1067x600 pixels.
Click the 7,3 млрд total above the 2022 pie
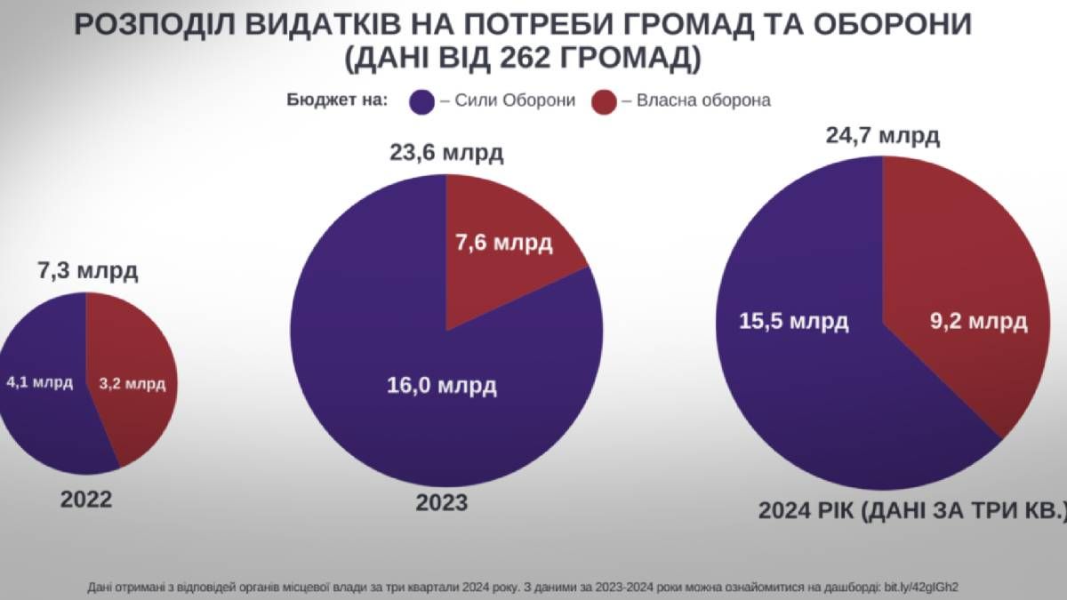coord(86,271)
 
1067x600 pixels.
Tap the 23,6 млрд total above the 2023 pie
coord(446,153)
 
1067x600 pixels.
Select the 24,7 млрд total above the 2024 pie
coord(882,137)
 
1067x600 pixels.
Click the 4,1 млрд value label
coord(39,383)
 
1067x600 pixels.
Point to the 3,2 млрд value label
coord(132,384)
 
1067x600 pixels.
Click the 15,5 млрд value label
coord(793,321)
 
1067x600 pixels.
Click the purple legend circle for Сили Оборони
coord(421,101)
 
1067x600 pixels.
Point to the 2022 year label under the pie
coord(86,500)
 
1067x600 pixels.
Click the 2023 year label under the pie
coord(442,503)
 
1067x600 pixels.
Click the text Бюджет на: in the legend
coord(337,100)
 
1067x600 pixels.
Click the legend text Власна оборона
coord(702,100)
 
